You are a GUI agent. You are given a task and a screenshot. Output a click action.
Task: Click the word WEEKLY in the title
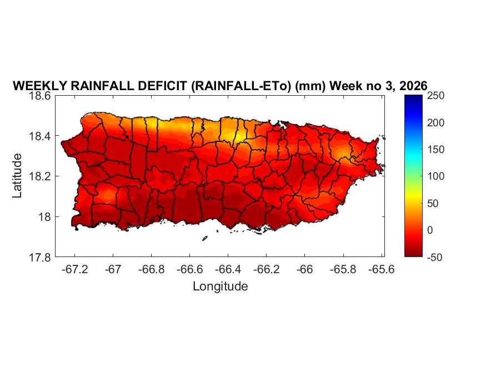coord(39,86)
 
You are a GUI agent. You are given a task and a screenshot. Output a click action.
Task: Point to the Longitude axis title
coord(220,287)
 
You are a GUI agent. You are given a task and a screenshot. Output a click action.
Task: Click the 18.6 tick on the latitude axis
coord(41,96)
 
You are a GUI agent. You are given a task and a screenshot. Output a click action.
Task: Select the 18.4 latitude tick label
coord(41,136)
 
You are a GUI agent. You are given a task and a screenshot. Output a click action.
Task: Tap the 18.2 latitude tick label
coord(41,176)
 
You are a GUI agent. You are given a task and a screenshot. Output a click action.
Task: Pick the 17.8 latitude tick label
coord(41,257)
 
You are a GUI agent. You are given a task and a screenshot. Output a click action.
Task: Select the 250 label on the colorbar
coord(437,96)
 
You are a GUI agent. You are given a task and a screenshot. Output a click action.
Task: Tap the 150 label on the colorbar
coord(437,150)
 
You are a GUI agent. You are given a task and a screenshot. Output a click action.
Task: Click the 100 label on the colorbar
coord(437,176)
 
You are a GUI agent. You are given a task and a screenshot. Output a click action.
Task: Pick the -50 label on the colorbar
coord(437,257)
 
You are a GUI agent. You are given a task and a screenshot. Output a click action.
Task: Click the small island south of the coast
coord(204,239)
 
